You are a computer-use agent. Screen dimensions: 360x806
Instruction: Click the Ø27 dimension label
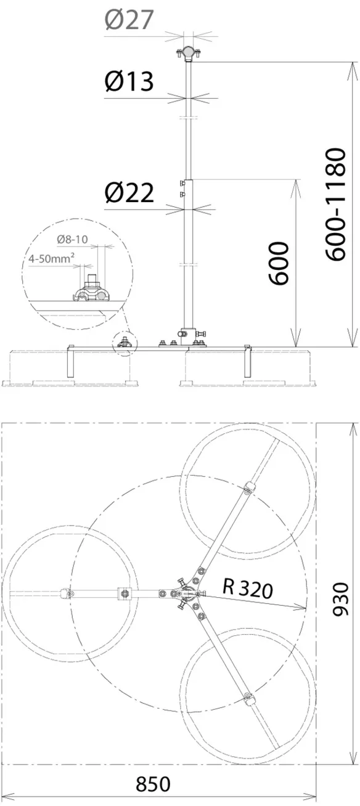pyautogui.click(x=129, y=20)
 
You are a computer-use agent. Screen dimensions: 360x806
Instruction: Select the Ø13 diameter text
pyautogui.click(x=129, y=81)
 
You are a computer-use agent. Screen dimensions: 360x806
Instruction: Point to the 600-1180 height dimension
pyautogui.click(x=336, y=204)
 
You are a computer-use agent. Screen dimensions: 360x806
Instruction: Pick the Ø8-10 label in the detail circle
pyautogui.click(x=72, y=239)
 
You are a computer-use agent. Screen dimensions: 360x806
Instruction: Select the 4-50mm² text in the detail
pyautogui.click(x=52, y=258)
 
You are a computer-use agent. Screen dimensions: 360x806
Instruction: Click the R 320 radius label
pyautogui.click(x=248, y=588)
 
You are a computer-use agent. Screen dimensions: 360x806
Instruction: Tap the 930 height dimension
pyautogui.click(x=340, y=600)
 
